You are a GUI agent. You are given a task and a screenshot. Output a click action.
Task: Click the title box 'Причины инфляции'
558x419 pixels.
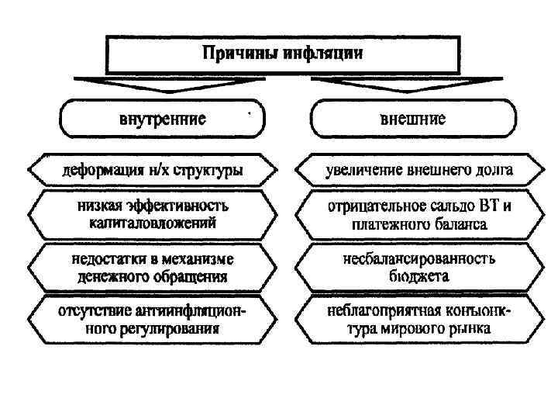[x=282, y=54]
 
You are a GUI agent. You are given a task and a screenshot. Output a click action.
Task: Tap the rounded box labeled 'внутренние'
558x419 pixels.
[x=162, y=119]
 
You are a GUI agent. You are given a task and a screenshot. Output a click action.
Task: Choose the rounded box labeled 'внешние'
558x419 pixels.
[x=412, y=119]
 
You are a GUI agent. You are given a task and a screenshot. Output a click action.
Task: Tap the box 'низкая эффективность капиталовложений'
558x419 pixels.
[x=152, y=214]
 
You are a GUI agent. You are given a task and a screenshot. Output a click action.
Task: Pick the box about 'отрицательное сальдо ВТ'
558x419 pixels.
[x=418, y=215]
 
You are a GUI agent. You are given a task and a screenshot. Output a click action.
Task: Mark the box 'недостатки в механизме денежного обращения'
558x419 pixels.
[x=152, y=267]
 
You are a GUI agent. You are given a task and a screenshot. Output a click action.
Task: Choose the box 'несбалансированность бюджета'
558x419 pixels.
[x=418, y=267]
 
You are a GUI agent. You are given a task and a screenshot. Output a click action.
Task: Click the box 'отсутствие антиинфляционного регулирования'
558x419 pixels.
[x=152, y=320]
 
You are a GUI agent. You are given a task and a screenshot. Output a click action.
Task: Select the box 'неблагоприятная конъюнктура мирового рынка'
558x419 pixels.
[x=418, y=320]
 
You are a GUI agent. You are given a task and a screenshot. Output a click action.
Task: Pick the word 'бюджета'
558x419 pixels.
[x=419, y=275]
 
